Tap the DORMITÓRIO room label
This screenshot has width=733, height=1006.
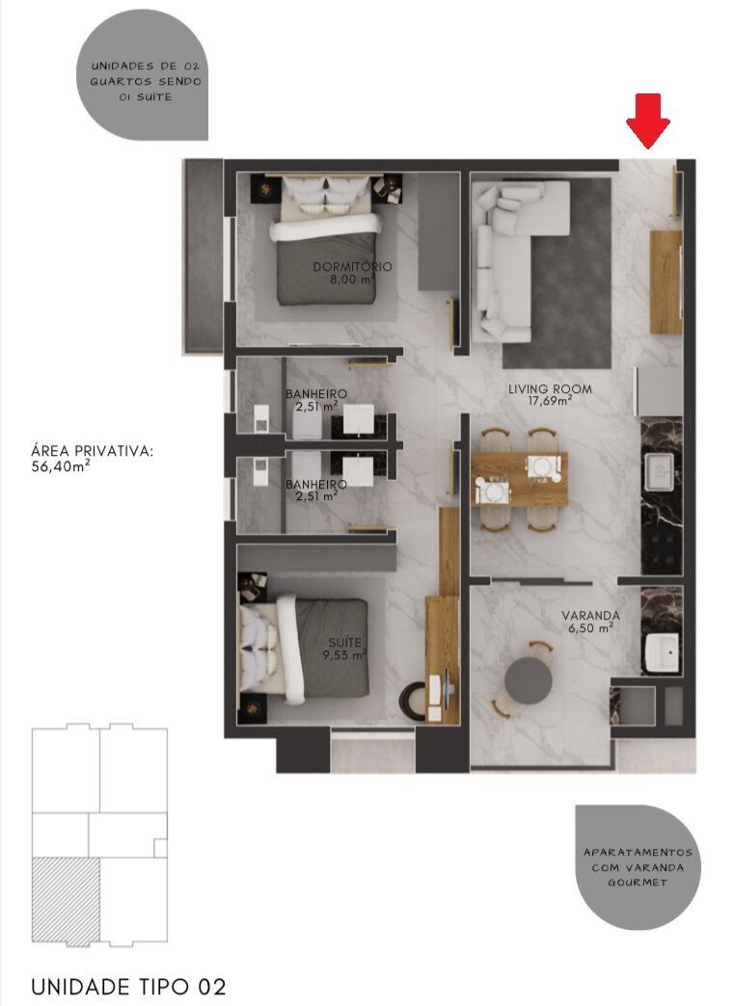coord(352,266)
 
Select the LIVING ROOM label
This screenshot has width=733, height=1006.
coord(550,389)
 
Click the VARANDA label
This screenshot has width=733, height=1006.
coord(591,615)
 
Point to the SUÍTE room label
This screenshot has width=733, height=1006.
coord(339,640)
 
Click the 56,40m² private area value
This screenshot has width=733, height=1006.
coord(60,466)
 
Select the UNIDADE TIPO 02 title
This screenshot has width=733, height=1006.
coord(129,987)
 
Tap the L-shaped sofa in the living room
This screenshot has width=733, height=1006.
coord(511,251)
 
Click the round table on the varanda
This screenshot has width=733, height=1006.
coord(529,680)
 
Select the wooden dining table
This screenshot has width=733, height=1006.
coord(519,479)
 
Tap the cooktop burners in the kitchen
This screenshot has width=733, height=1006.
coord(663,547)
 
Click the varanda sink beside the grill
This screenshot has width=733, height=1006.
coord(663,652)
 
